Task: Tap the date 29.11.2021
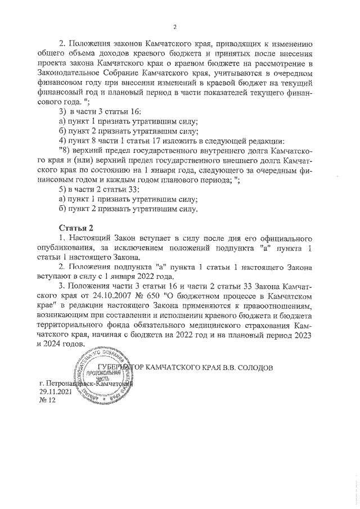tap(56, 391)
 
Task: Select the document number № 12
tap(48, 400)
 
